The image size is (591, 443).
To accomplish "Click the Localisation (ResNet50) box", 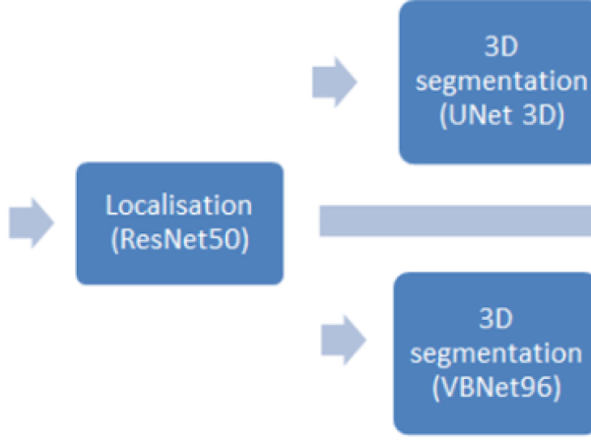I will (179, 222).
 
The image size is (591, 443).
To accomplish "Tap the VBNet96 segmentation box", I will (492, 353).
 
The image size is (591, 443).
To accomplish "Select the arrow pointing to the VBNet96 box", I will (343, 342).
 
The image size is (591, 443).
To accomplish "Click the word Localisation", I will (179, 207).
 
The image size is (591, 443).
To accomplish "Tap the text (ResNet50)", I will (179, 239).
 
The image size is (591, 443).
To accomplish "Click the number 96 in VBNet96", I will (536, 386).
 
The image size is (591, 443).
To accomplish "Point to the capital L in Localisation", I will (111, 207).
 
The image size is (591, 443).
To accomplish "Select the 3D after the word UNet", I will (534, 113).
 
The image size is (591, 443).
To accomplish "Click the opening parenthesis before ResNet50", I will (115, 239).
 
